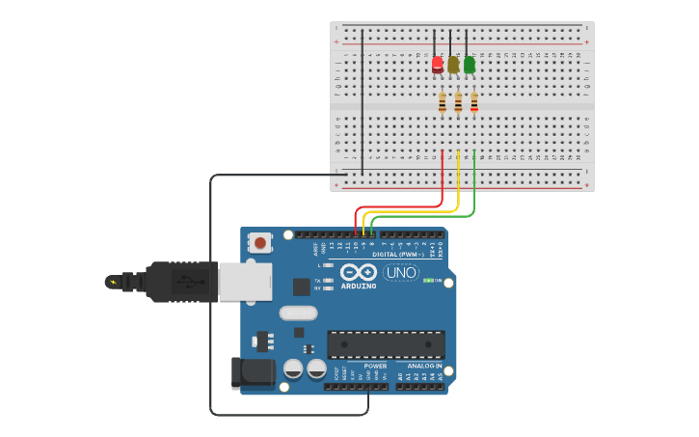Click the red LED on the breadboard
438,65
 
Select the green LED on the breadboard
470,65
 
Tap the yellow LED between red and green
453,65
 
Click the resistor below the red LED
443,102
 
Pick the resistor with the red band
473,102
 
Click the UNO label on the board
400,273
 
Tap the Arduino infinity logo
359,273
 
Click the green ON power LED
428,280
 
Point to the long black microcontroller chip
386,344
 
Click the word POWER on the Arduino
375,367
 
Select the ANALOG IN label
424,367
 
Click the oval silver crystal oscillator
298,313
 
